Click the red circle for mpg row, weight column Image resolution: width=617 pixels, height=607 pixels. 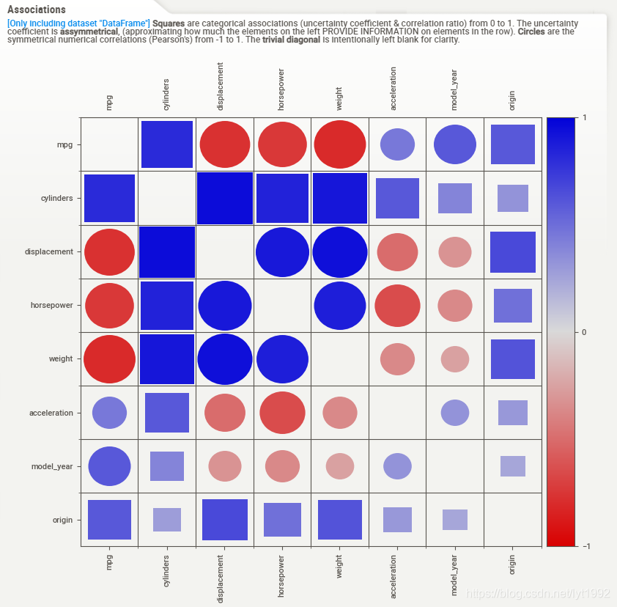coord(340,144)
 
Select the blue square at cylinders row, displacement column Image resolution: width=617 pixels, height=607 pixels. coord(225,198)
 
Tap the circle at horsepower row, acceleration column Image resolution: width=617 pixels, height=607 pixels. coord(397,306)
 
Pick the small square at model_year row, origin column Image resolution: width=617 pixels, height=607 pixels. coord(513,466)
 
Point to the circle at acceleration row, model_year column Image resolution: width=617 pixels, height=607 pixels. coord(455,413)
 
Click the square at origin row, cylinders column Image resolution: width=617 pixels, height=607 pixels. coord(167,520)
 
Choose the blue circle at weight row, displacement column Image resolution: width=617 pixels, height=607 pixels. coord(225,359)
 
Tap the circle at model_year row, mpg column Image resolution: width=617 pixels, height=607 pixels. coord(109,466)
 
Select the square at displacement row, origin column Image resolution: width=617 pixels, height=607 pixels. coord(513,252)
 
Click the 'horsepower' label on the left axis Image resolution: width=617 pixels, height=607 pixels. coord(51,305)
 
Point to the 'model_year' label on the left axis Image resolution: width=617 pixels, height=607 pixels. coord(52,466)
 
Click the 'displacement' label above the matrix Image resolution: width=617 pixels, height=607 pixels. coord(220,87)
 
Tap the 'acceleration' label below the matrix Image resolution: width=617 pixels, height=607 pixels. coord(393,577)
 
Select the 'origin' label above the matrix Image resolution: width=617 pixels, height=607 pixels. coord(511,100)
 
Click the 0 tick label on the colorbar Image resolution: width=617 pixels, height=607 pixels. coord(584,332)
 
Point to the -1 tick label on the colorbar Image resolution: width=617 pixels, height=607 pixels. coord(586,546)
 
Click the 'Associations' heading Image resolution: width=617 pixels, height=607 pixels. coord(37,10)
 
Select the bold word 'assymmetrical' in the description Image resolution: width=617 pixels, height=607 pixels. coord(89,32)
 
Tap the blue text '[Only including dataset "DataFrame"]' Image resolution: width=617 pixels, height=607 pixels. coord(78,23)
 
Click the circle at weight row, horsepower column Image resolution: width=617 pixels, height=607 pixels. coord(282,359)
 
